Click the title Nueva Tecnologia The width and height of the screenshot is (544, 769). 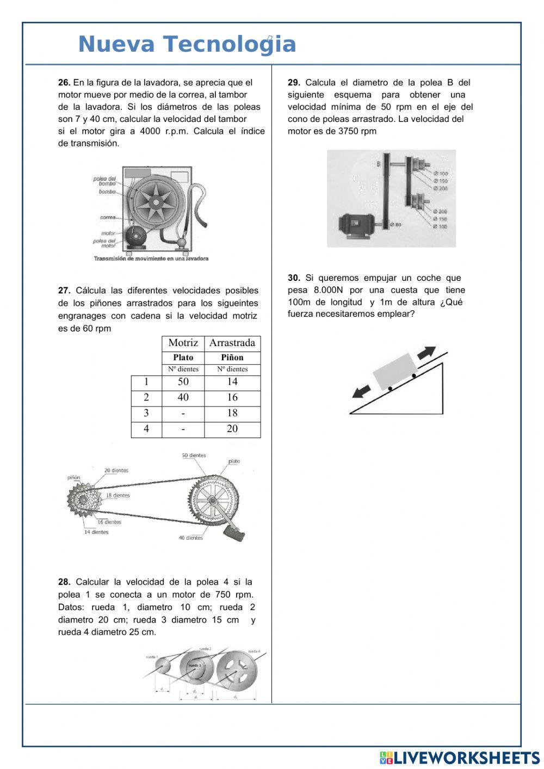(187, 44)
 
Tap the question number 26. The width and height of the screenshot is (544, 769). (64, 83)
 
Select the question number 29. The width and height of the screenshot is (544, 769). (294, 83)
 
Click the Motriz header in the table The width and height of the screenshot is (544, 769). (183, 343)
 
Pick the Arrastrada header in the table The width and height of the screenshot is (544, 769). (232, 343)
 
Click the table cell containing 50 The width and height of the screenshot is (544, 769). (183, 382)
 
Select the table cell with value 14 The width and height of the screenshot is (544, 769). (232, 382)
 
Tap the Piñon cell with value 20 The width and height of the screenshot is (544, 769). (232, 429)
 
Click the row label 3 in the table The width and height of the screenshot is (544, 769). (146, 413)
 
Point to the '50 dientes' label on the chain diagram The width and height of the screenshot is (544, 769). (194, 456)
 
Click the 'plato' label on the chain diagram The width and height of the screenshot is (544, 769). (234, 462)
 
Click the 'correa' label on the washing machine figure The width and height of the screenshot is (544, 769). (107, 218)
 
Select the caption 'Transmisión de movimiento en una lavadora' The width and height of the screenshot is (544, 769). (151, 259)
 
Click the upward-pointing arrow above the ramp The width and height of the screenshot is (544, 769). (427, 352)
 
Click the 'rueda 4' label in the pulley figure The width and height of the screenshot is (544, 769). (254, 651)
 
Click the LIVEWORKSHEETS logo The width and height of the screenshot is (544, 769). (460, 758)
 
